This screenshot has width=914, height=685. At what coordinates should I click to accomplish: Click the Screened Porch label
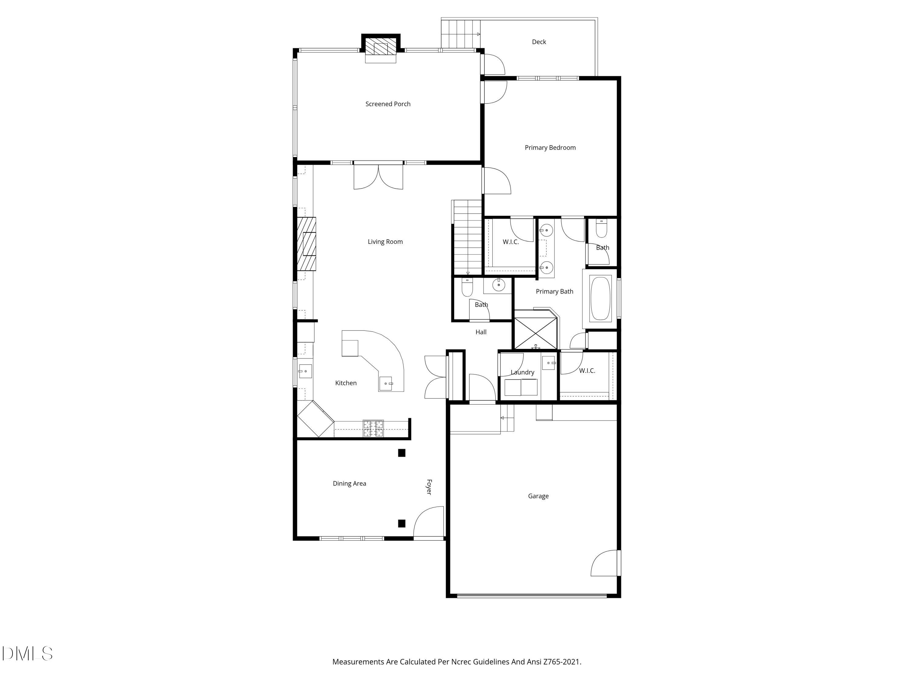pos(388,104)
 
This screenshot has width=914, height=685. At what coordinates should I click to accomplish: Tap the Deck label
pos(539,42)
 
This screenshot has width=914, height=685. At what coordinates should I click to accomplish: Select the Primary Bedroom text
pos(550,147)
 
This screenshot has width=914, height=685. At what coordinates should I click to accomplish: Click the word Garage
pos(538,496)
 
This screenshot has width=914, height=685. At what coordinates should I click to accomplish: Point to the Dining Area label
pos(349,483)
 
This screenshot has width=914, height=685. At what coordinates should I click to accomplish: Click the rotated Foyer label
pos(429,487)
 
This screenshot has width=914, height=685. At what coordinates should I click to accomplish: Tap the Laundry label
pos(522,372)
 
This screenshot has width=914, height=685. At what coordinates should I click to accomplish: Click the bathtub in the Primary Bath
pos(600,299)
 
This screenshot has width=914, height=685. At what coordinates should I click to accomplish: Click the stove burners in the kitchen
pos(373,428)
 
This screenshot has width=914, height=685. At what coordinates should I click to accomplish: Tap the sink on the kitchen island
pos(385,384)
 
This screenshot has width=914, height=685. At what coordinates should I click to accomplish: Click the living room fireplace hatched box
pos(306,244)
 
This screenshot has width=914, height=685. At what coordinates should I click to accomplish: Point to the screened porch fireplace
pos(381,48)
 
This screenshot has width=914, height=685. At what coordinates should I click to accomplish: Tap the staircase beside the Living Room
pos(467,237)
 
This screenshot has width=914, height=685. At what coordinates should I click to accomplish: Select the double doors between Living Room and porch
pos(378,176)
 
